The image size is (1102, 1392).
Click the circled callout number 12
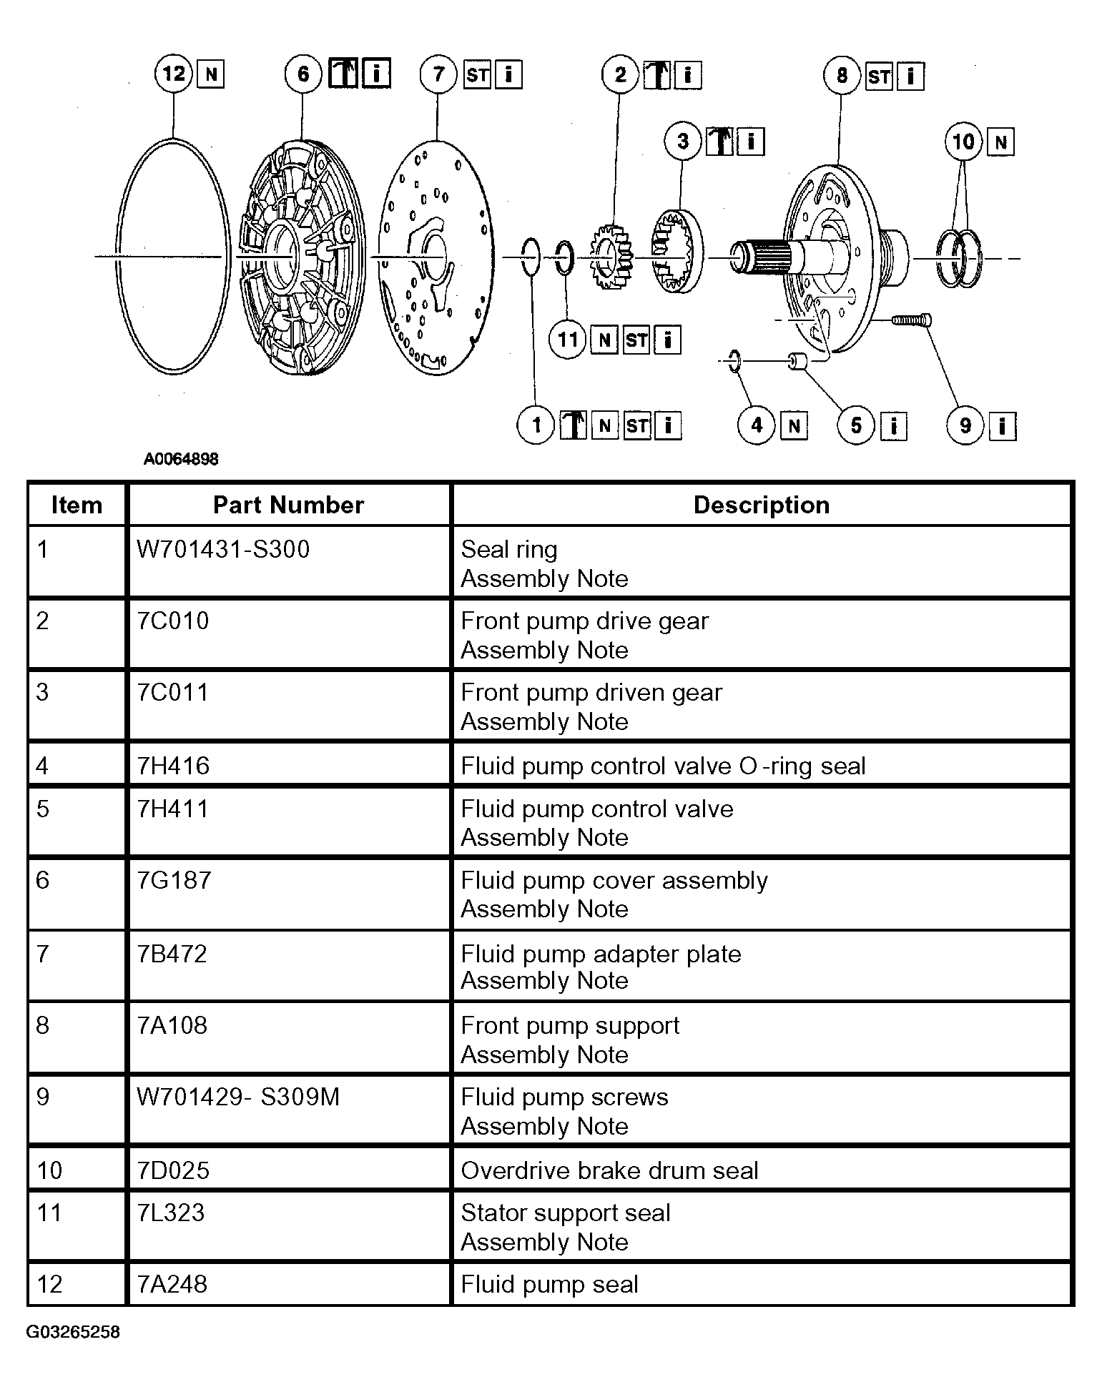point(174,73)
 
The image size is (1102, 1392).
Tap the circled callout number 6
point(303,73)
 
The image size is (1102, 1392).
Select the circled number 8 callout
point(842,75)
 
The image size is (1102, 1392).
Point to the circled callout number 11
point(567,339)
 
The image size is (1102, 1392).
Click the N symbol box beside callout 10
point(1000,142)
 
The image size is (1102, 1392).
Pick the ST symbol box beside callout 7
point(478,74)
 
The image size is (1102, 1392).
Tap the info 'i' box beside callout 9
point(1002,426)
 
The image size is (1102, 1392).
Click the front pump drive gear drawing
point(611,257)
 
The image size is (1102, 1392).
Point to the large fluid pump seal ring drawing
point(172,256)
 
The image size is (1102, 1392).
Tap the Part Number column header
point(288,505)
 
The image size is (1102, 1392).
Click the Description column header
point(762,505)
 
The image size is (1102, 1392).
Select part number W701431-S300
point(223,549)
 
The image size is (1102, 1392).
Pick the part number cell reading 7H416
point(173,766)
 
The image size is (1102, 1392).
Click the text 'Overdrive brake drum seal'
point(609,1170)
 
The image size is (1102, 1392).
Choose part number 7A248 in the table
point(172,1284)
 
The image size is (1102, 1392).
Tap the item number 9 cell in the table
point(42,1097)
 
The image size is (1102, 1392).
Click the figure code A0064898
point(181,459)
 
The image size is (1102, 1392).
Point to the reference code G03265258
point(73,1332)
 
